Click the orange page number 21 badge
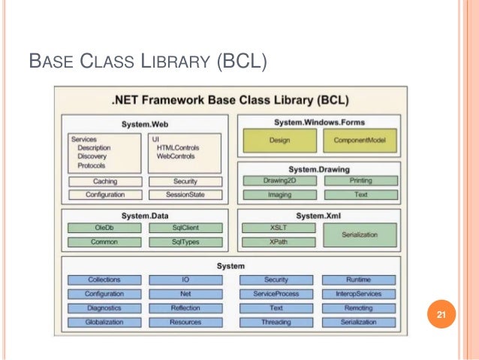tap(441, 315)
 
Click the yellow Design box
tap(278, 141)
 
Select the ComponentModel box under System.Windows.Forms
tap(360, 141)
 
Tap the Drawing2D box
tap(278, 181)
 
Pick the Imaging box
tap(278, 195)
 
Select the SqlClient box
tap(185, 228)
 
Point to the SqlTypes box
tap(185, 242)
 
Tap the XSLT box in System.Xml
tap(278, 228)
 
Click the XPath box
tap(278, 242)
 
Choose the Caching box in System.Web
tap(104, 181)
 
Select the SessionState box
tap(185, 195)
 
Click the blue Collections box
tap(104, 280)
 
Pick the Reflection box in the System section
tap(185, 308)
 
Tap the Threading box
tap(276, 322)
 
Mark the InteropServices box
tap(360, 294)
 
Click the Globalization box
tap(104, 322)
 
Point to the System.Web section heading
tap(145, 124)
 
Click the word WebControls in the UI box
tap(177, 156)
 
